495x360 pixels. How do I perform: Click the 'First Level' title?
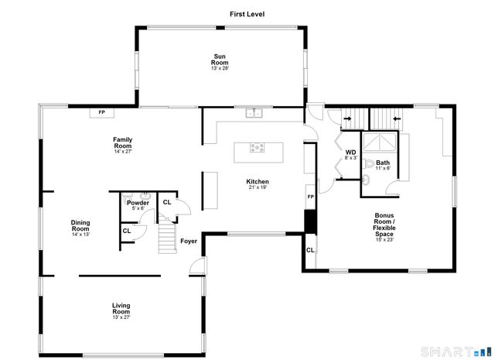click(x=247, y=14)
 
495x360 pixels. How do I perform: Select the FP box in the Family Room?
click(x=101, y=113)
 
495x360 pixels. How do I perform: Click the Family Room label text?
click(x=122, y=142)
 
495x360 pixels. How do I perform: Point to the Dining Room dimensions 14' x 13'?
click(x=80, y=235)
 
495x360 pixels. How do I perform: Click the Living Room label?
click(x=121, y=309)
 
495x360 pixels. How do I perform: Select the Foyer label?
click(x=189, y=242)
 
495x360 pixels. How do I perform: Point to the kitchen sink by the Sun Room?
click(x=254, y=114)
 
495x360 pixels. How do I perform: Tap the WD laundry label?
click(x=350, y=153)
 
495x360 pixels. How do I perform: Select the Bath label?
click(x=384, y=163)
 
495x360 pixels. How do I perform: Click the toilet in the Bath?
click(x=368, y=164)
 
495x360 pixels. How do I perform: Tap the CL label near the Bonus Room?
click(x=310, y=250)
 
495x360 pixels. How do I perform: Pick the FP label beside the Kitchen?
click(x=310, y=197)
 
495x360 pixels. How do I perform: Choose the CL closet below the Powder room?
click(x=127, y=231)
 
